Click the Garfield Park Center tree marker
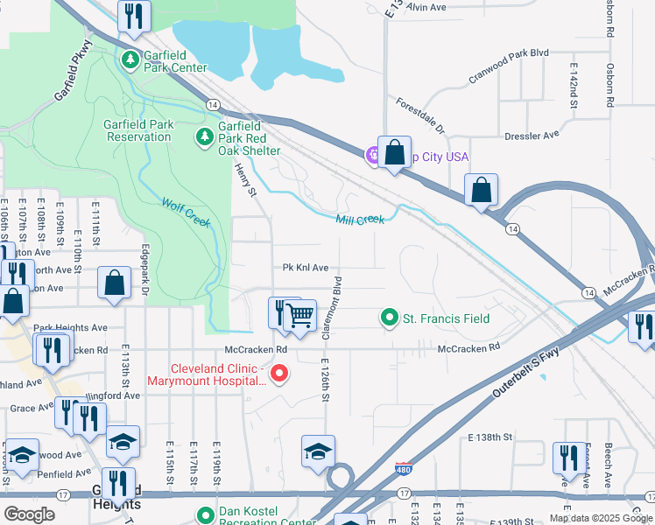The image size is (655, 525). pos(130,59)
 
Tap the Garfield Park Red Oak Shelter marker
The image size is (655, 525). pos(204,136)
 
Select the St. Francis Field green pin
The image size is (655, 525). pos(390,318)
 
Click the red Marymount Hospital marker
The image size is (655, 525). pos(279,374)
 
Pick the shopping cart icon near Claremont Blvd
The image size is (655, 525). pos(301,315)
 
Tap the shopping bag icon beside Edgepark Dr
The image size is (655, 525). pos(114,283)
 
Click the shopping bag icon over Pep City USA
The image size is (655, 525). pos(394,152)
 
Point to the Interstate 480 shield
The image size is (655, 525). pos(403,469)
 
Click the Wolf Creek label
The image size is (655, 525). pos(186,213)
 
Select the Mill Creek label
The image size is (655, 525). pos(360,220)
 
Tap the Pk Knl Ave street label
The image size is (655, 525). pos(305,268)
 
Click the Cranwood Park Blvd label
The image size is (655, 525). pos(509,65)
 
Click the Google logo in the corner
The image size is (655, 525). pos(29,514)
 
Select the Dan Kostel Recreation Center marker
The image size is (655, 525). pos(206,516)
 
